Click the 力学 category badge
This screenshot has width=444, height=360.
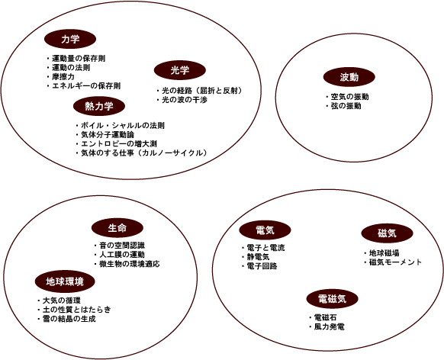(70, 39)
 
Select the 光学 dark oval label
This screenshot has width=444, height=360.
(180, 70)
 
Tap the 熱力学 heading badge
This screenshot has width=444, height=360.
(99, 106)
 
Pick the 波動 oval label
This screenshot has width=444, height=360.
(349, 77)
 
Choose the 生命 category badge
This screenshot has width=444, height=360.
(117, 228)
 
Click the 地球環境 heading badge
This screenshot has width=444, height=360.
(65, 281)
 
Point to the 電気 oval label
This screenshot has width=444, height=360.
(265, 230)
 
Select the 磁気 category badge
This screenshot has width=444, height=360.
(387, 233)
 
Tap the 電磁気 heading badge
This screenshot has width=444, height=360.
(333, 298)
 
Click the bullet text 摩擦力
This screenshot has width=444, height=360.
(63, 77)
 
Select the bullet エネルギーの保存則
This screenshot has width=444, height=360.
(86, 85)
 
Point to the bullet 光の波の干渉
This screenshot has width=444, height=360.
(185, 100)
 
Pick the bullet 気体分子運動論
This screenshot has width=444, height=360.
(108, 135)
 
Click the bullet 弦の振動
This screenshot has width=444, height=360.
(346, 106)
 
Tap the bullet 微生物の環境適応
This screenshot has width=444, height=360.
(130, 264)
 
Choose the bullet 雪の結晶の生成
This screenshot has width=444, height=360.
(69, 319)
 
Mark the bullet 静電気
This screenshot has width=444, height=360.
(259, 257)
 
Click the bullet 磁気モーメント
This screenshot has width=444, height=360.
(395, 262)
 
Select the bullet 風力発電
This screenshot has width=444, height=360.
(330, 327)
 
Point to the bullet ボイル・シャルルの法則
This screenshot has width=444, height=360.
(123, 125)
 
